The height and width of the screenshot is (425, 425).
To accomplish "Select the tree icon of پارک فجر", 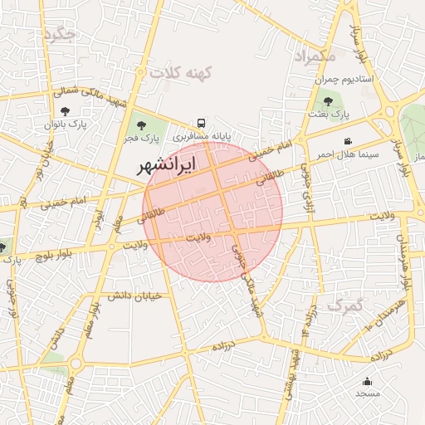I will click(x=139, y=125).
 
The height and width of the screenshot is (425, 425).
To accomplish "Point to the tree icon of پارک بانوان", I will click(x=66, y=110).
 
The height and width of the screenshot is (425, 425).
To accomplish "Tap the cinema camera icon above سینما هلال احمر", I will click(x=347, y=142).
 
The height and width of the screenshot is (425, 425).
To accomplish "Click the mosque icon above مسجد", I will click(x=367, y=381).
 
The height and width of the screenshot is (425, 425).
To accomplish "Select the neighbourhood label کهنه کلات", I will click(x=181, y=73).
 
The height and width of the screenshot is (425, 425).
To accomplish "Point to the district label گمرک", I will click(x=345, y=305).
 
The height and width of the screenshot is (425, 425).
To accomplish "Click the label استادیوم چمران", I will click(x=344, y=80).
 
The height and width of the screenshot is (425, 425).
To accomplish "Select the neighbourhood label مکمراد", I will click(x=314, y=56).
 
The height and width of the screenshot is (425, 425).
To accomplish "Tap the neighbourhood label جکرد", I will click(x=61, y=34).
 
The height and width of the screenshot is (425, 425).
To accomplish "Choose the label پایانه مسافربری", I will click(x=203, y=133).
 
